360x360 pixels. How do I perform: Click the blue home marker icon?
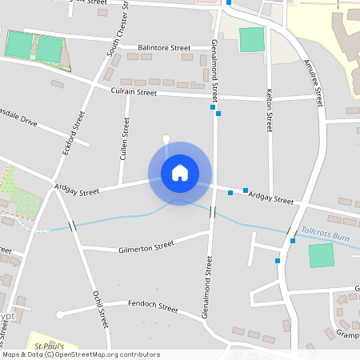click(180, 173)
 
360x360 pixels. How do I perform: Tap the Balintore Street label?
click(163, 48)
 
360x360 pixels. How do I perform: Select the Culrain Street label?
click(134, 92)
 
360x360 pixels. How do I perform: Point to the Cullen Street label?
click(124, 139)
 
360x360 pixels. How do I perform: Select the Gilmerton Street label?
click(146, 246)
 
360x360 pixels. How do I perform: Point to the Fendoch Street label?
click(153, 306)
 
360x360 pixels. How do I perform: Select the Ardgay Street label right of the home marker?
click(271, 198)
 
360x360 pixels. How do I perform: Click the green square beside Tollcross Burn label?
click(321, 256)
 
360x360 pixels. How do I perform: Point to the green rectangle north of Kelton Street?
click(251, 40)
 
